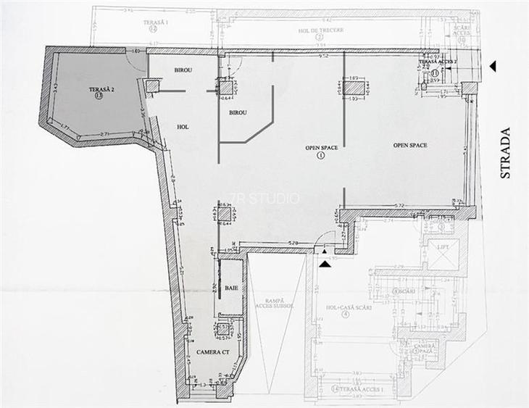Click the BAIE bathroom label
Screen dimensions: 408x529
point(231,288)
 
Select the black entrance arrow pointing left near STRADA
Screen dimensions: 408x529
point(493,67)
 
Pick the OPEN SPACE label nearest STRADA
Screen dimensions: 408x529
point(410,146)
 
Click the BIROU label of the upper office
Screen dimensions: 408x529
point(183,70)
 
